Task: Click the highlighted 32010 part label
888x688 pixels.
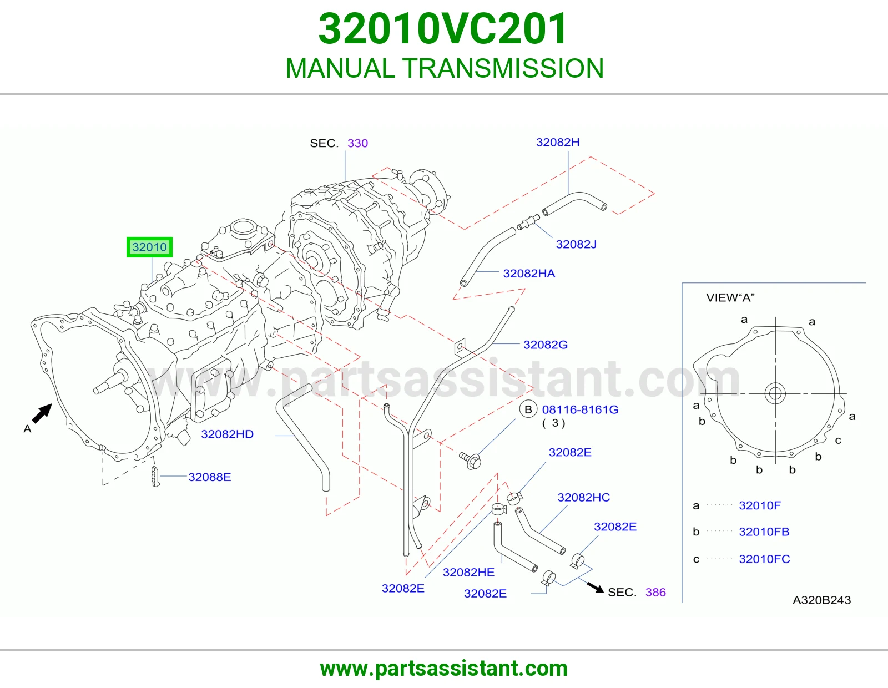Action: tap(149, 247)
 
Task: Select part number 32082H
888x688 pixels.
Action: tap(557, 142)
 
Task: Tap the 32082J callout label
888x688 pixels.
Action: tap(576, 244)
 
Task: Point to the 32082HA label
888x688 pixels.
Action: tap(529, 274)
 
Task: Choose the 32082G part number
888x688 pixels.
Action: tap(546, 345)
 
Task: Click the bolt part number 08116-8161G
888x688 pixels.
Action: tap(580, 410)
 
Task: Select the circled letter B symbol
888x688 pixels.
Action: tap(528, 410)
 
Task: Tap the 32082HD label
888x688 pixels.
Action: tap(227, 434)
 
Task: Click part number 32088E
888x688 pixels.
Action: tap(210, 477)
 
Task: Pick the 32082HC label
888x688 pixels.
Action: tap(583, 498)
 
